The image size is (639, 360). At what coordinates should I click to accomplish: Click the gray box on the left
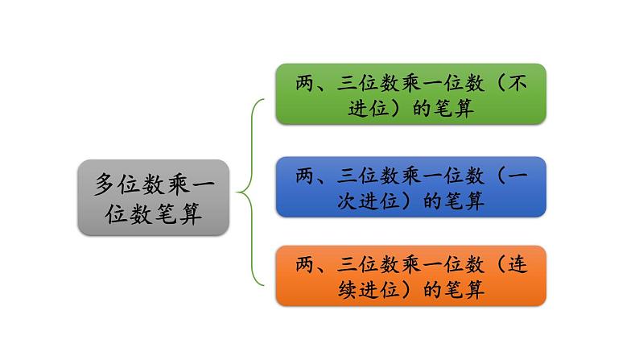click(153, 197)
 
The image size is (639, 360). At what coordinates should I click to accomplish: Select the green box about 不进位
click(410, 93)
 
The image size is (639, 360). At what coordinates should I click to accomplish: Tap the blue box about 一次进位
click(410, 186)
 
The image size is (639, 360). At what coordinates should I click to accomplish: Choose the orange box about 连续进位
click(410, 275)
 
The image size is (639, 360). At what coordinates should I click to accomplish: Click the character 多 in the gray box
click(105, 184)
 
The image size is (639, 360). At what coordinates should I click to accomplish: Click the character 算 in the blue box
click(474, 200)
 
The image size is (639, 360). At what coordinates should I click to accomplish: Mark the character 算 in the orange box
click(474, 289)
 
